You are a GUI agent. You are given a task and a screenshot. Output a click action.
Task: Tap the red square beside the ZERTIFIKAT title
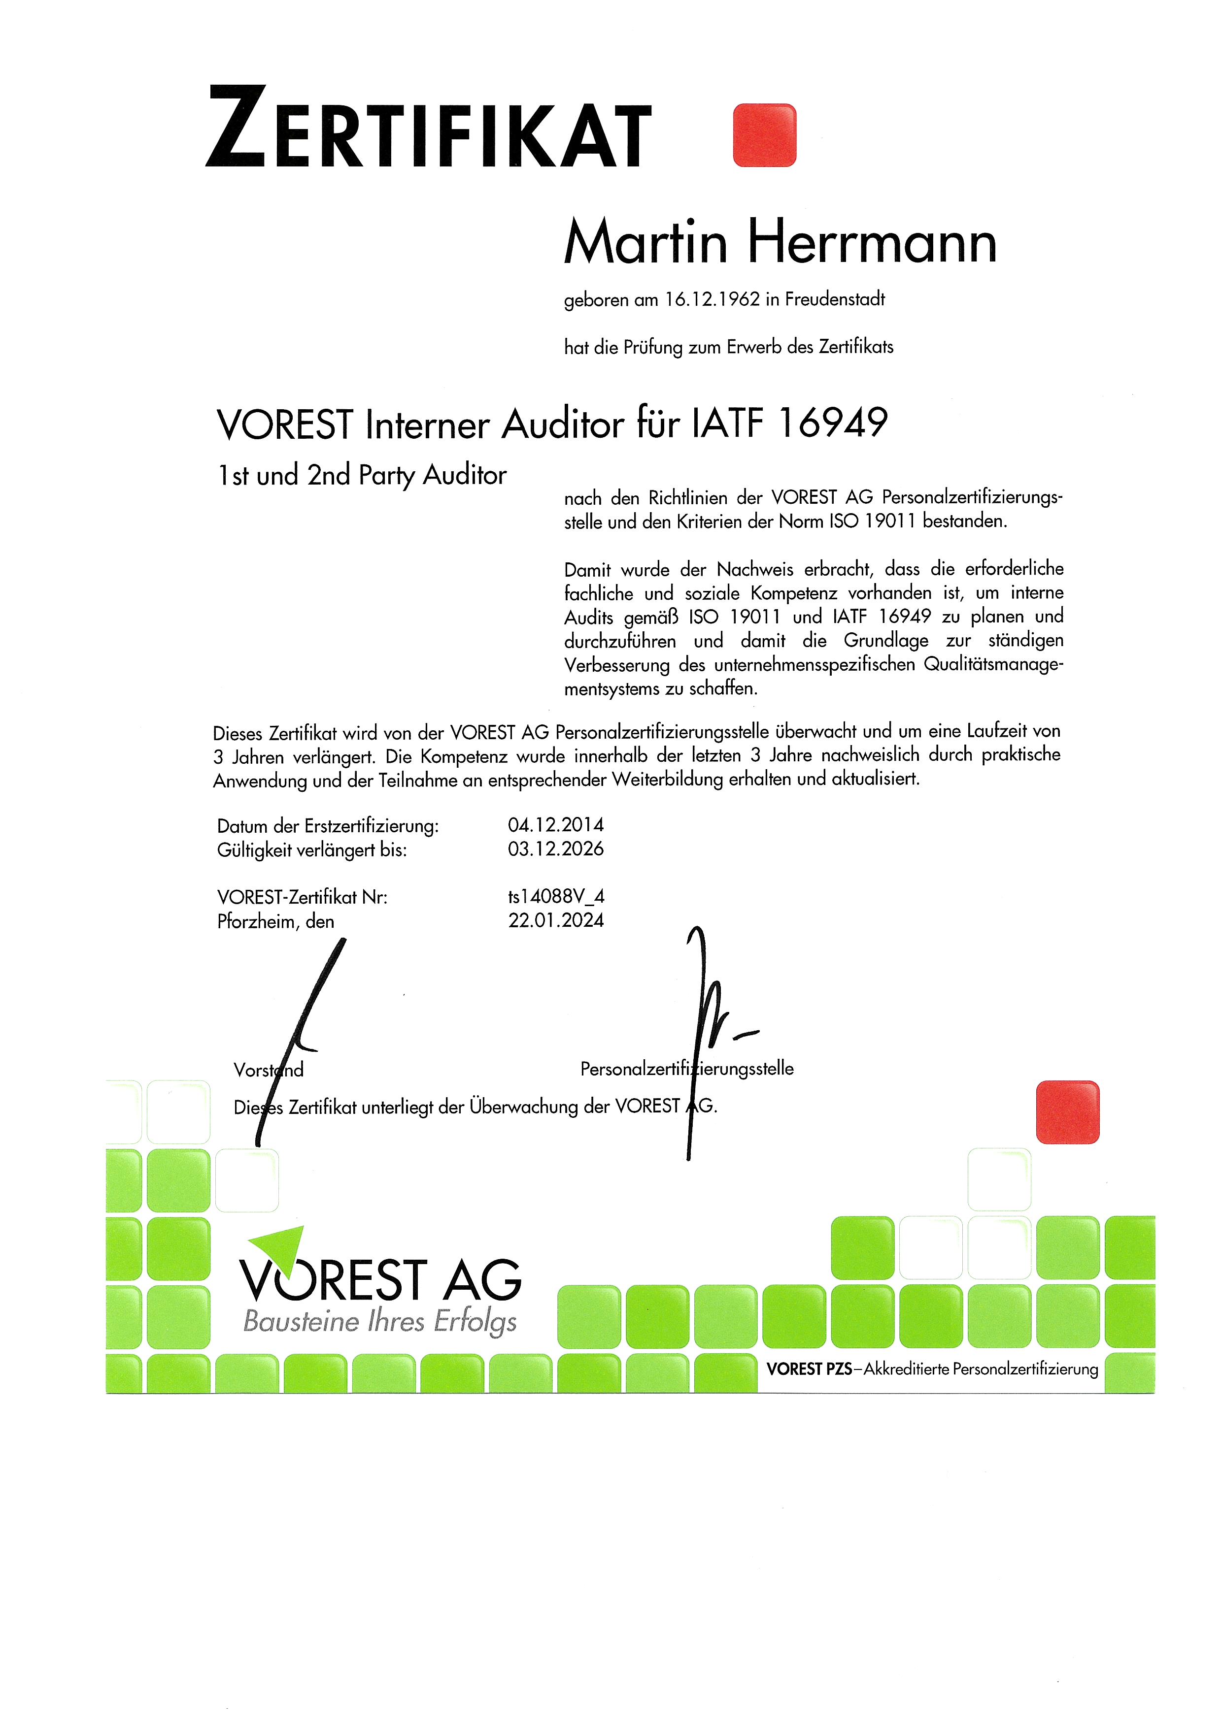(764, 135)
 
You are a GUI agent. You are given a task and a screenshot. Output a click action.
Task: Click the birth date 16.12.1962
(712, 299)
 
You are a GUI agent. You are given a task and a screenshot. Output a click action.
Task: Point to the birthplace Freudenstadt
(835, 299)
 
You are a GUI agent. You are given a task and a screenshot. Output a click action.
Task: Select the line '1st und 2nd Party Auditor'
(362, 475)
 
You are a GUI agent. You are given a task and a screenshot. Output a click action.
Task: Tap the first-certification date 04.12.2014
(555, 825)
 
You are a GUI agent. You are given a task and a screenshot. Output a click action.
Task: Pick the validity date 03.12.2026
(555, 849)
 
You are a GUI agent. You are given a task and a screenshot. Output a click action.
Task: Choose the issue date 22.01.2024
(555, 921)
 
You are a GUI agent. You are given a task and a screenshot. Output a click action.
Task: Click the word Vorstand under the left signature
(269, 1070)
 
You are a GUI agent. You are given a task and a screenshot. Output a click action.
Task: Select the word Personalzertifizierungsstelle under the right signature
(686, 1069)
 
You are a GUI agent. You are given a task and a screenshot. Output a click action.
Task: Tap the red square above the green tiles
(1067, 1112)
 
